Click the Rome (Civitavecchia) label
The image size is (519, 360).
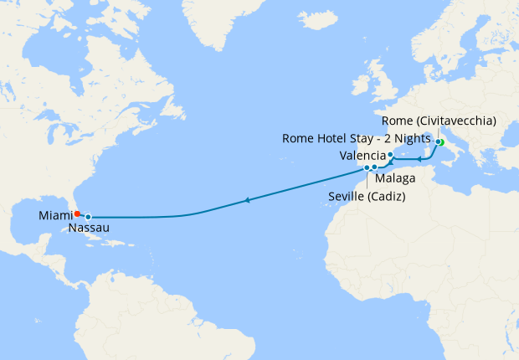(x=444, y=121)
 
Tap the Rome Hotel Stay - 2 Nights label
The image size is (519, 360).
(x=357, y=138)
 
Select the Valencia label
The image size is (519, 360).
(x=362, y=157)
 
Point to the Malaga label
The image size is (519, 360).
(x=393, y=178)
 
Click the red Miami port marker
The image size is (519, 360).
(x=77, y=213)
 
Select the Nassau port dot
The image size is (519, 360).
(x=88, y=217)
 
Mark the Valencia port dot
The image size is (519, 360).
(x=390, y=155)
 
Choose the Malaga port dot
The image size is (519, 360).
(x=375, y=167)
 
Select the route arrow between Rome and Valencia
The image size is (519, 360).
(x=419, y=157)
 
